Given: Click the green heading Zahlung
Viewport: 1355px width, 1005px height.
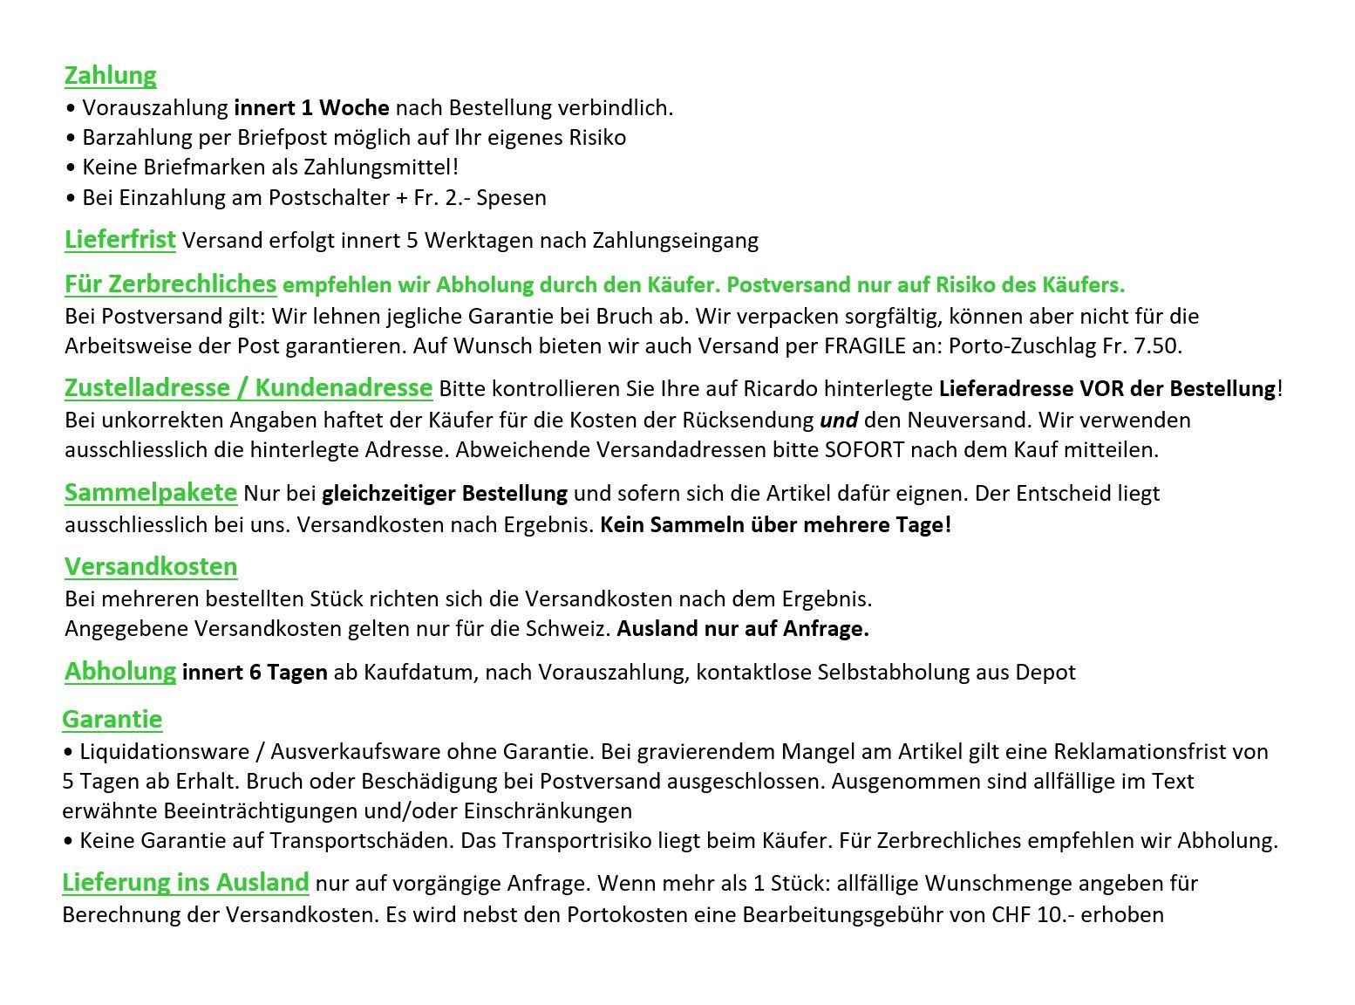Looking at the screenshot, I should click(110, 76).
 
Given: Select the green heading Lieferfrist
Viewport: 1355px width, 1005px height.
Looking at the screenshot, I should click(120, 239).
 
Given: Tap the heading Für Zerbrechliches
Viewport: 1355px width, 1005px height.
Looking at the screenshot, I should click(170, 284).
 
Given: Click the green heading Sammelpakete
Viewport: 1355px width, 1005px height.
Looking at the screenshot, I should click(150, 492).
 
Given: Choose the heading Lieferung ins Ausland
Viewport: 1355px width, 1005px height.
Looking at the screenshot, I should click(185, 882).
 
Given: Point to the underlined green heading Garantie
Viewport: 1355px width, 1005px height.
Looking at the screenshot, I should click(112, 720).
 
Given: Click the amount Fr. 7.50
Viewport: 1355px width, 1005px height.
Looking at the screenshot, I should click(1141, 345).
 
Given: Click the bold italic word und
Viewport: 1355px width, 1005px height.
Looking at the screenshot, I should click(839, 420).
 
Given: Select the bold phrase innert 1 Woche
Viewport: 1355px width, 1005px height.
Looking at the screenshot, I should click(311, 108).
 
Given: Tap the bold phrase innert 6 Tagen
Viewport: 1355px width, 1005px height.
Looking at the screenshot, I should click(255, 673).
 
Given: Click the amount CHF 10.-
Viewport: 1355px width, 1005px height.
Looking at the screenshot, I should click(1032, 915).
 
